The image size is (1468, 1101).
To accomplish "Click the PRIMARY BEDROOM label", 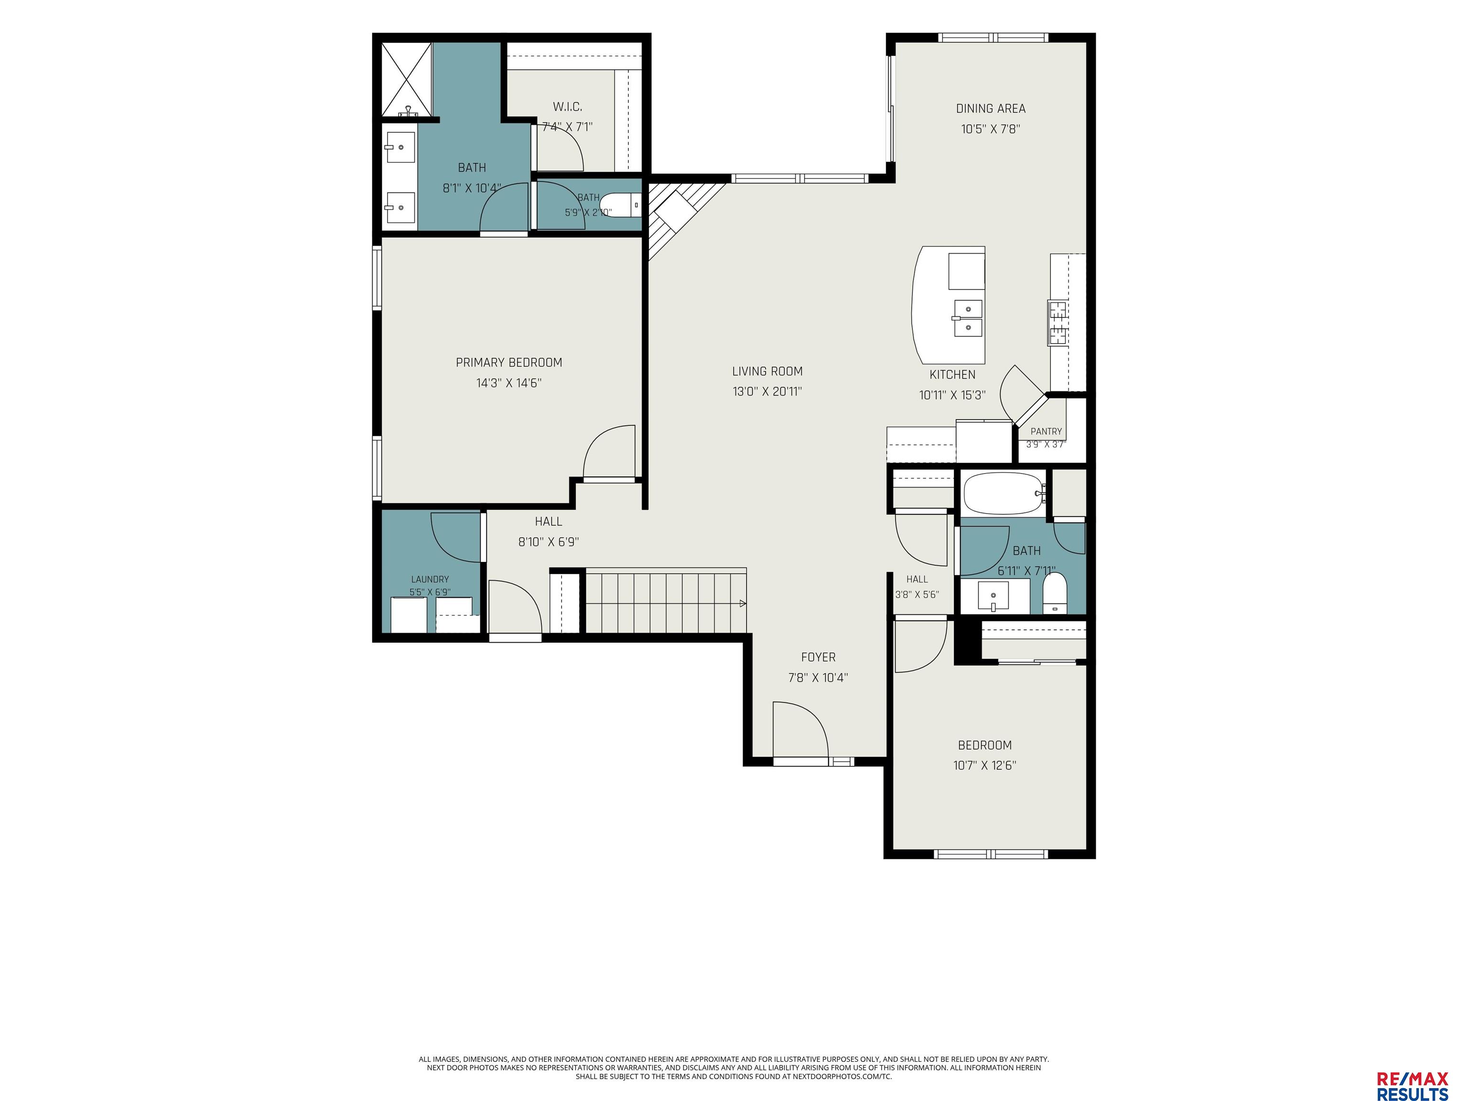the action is click(x=508, y=362).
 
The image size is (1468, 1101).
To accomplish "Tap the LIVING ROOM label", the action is click(x=767, y=371).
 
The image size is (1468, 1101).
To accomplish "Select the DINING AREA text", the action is click(x=990, y=108).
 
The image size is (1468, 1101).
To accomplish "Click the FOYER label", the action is click(x=818, y=657).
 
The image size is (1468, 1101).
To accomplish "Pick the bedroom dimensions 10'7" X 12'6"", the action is click(x=984, y=765).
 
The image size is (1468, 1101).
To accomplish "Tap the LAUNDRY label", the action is click(x=430, y=579).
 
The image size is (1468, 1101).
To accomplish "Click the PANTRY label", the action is click(x=1046, y=432).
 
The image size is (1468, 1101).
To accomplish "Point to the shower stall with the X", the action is click(x=407, y=80).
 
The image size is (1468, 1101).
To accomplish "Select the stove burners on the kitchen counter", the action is click(x=1057, y=323).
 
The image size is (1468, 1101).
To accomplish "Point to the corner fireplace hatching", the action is click(x=683, y=218).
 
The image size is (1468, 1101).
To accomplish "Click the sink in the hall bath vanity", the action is click(x=993, y=596).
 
